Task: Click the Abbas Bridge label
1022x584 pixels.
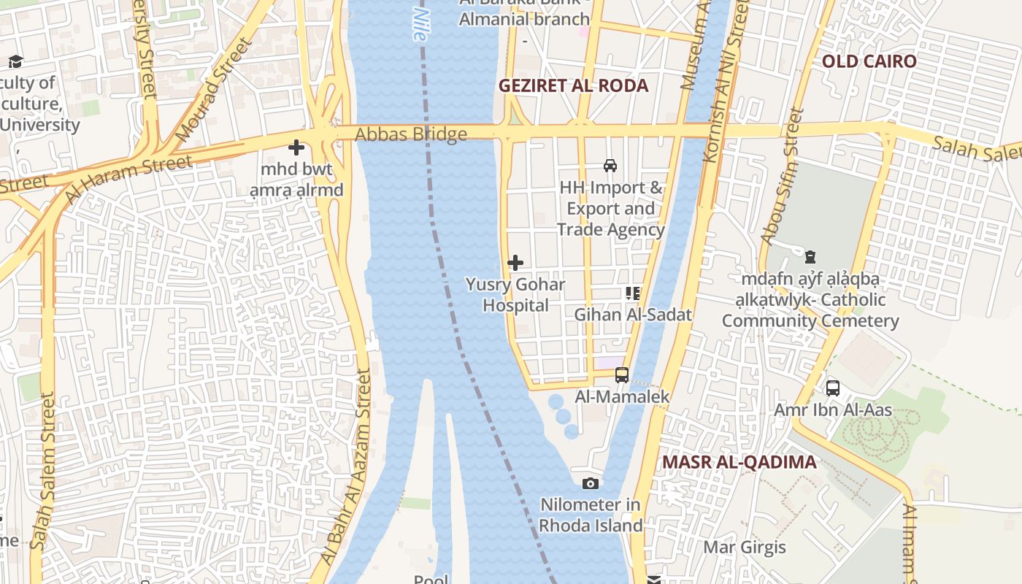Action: (x=410, y=134)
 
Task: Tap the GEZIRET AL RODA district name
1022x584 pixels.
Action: (x=573, y=85)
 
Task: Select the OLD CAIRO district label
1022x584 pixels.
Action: (x=869, y=61)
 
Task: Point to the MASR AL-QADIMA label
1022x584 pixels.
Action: (x=739, y=462)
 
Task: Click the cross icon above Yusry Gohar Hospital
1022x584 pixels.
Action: (x=515, y=263)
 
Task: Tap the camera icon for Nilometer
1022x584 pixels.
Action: (x=591, y=483)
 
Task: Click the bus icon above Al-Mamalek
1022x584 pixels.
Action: (x=621, y=375)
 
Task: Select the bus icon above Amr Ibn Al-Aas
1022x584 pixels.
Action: (x=832, y=388)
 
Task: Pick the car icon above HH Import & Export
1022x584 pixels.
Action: (x=610, y=166)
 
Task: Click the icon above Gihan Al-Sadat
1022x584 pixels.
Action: (x=632, y=293)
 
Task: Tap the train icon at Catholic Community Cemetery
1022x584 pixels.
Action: (x=810, y=257)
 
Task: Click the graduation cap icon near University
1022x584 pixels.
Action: (x=15, y=61)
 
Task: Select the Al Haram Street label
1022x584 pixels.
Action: (x=128, y=179)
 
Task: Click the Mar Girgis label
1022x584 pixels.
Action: (x=744, y=547)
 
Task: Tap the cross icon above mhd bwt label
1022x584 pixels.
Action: (x=296, y=148)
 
